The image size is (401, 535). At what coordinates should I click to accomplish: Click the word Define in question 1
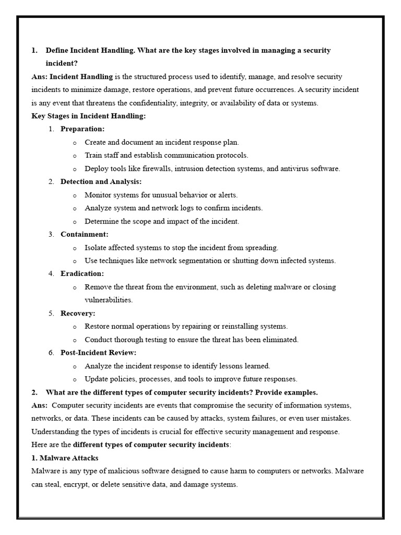tap(57, 50)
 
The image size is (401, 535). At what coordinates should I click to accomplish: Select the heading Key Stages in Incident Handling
tap(89, 116)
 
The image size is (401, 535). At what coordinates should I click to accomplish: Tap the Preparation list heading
tap(82, 129)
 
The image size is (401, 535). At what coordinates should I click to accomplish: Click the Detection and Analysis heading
tap(101, 182)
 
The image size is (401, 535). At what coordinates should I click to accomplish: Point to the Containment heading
tap(85, 234)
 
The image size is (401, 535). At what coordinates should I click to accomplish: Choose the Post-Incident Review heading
tap(98, 353)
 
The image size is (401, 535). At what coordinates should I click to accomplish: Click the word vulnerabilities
tap(109, 300)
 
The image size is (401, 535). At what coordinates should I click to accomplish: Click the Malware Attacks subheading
tap(65, 458)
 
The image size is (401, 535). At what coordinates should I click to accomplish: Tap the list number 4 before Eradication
tap(51, 274)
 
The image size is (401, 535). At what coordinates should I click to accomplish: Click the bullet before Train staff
tap(75, 156)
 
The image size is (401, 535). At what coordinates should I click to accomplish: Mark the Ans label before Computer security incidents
tap(39, 405)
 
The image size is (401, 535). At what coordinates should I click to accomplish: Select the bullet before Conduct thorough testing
tap(75, 340)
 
